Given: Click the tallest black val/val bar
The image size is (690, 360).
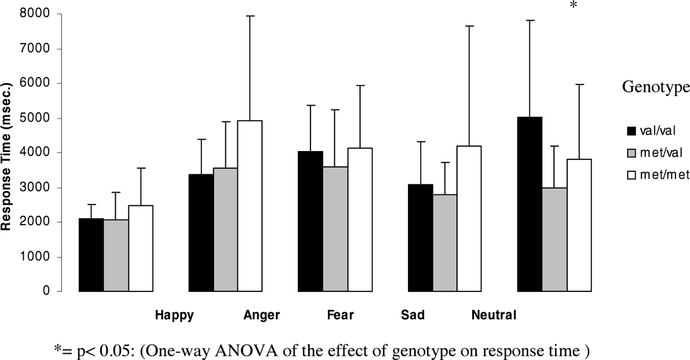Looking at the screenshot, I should coord(529,204).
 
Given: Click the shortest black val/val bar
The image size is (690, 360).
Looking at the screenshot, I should coord(91,255).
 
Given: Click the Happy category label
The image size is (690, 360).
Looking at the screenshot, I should coord(174,315).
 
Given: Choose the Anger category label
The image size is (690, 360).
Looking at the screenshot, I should coord(261,315).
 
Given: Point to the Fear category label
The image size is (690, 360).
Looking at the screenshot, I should coord(341,315).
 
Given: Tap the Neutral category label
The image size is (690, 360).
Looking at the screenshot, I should coord(494,315).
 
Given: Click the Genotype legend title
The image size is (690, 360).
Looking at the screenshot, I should coord(655,89).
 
